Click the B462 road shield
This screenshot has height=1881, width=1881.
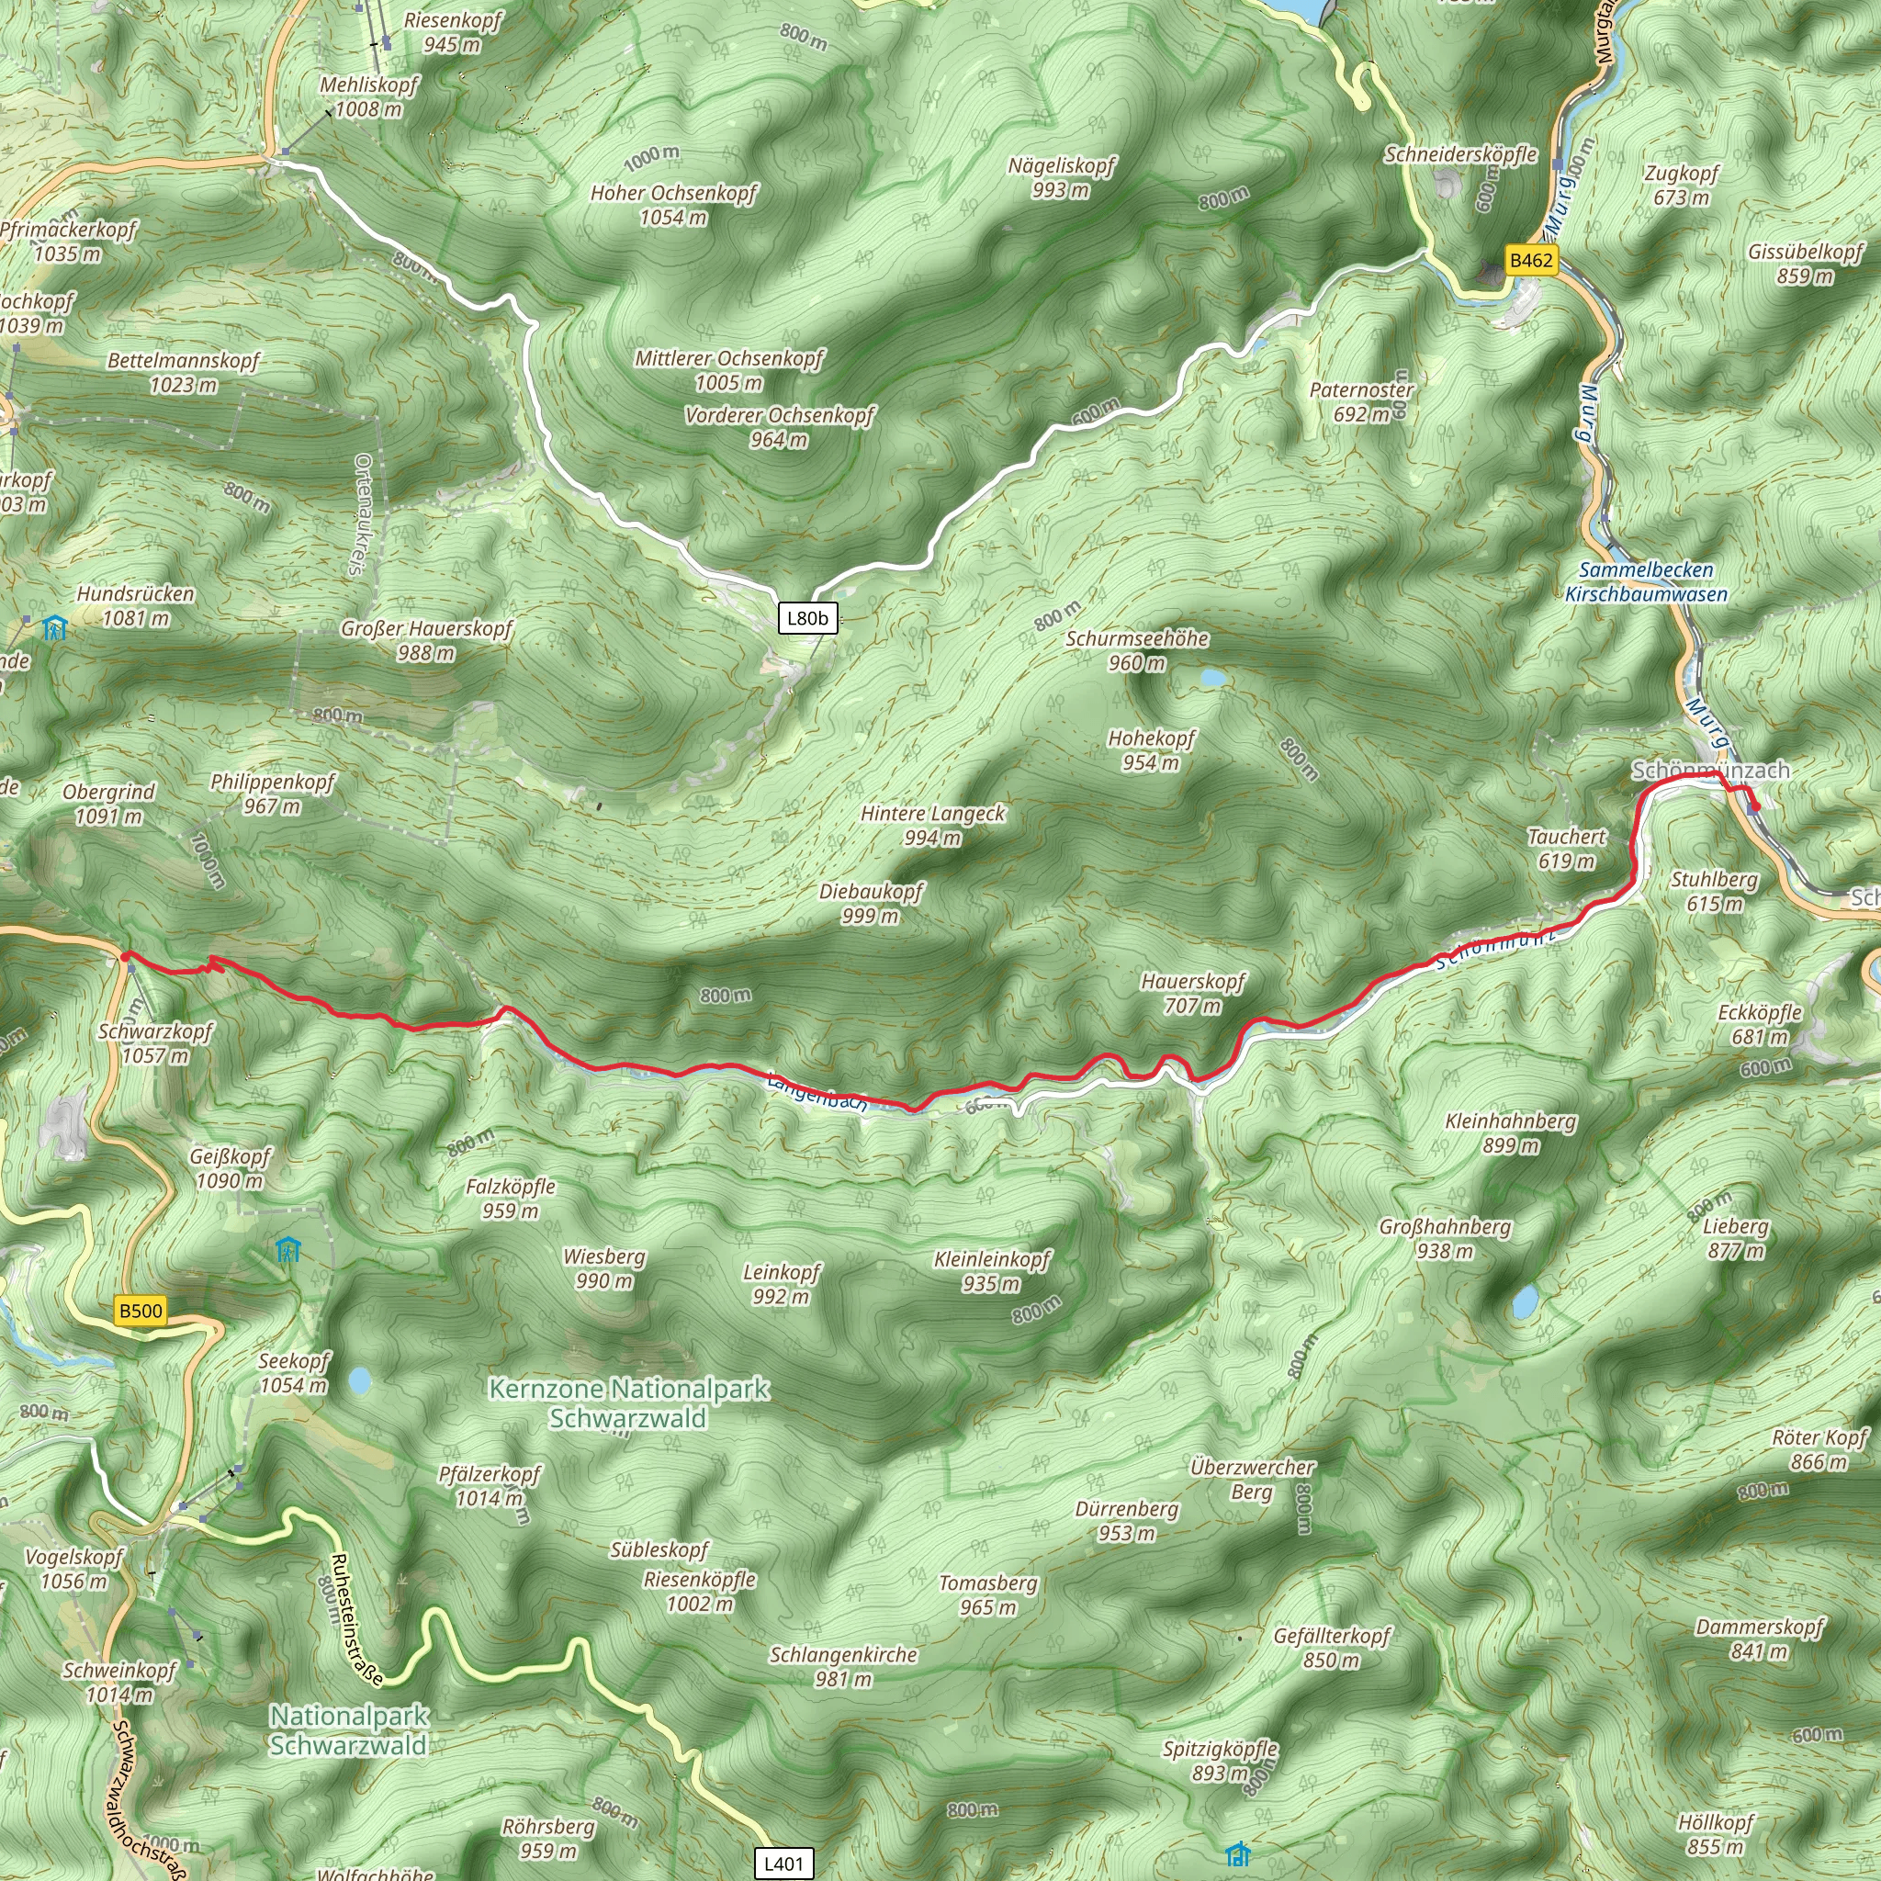tap(1530, 260)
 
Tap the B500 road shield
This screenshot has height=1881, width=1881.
tap(141, 1311)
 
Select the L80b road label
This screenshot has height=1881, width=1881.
tap(807, 618)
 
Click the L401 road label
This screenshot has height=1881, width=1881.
tap(783, 1864)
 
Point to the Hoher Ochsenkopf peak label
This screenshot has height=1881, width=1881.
tap(672, 205)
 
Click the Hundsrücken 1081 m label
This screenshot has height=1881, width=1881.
tap(135, 605)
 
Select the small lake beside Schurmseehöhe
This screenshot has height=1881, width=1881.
tap(1213, 677)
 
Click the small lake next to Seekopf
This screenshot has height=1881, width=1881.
tap(359, 1380)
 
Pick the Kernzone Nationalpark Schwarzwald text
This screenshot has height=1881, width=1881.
tap(628, 1403)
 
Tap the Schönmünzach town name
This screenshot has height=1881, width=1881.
tap(1710, 770)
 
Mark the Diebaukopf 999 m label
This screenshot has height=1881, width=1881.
tap(871, 903)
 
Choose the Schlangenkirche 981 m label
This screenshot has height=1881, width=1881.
tap(843, 1666)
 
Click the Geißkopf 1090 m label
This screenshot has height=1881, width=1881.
tap(230, 1168)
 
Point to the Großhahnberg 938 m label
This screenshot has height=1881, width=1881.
tap(1445, 1238)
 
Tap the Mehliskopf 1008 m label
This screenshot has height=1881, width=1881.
tap(368, 96)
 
